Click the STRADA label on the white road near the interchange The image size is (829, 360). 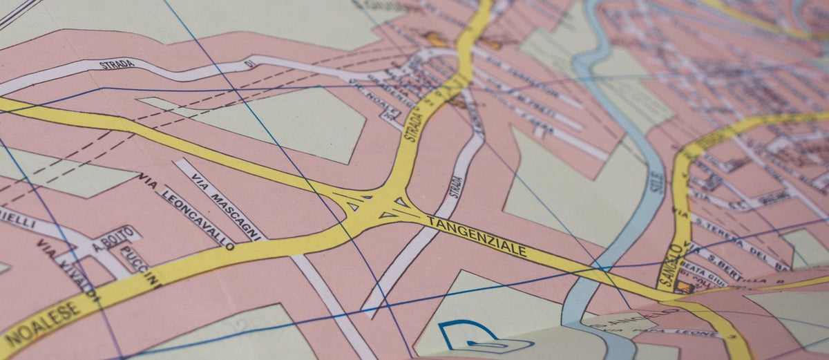[x=457, y=187]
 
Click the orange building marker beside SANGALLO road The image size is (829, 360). [x=685, y=286]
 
